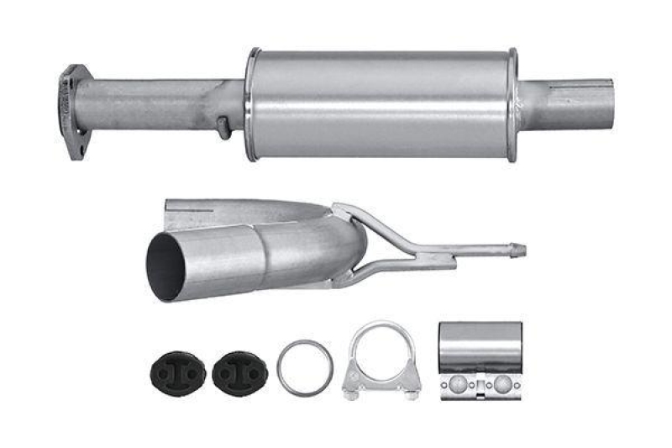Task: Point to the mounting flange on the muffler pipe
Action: tap(74, 112)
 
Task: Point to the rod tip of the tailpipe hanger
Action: tap(519, 250)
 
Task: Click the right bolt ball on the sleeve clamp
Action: tap(502, 384)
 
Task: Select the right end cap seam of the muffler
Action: tap(512, 103)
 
